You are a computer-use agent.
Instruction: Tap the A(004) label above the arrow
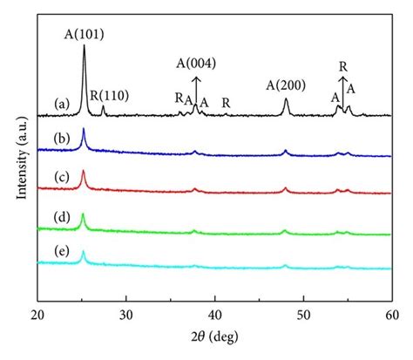[x=196, y=62]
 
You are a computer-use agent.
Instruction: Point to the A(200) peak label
[x=286, y=85]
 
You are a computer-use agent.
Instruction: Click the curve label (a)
[x=60, y=103]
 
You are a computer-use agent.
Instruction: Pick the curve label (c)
[x=60, y=177]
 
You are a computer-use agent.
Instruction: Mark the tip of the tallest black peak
[x=84, y=46]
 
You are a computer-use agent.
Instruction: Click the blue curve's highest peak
[x=84, y=129]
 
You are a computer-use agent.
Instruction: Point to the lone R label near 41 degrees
[x=227, y=103]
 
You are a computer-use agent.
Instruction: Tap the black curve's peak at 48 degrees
[x=286, y=99]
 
